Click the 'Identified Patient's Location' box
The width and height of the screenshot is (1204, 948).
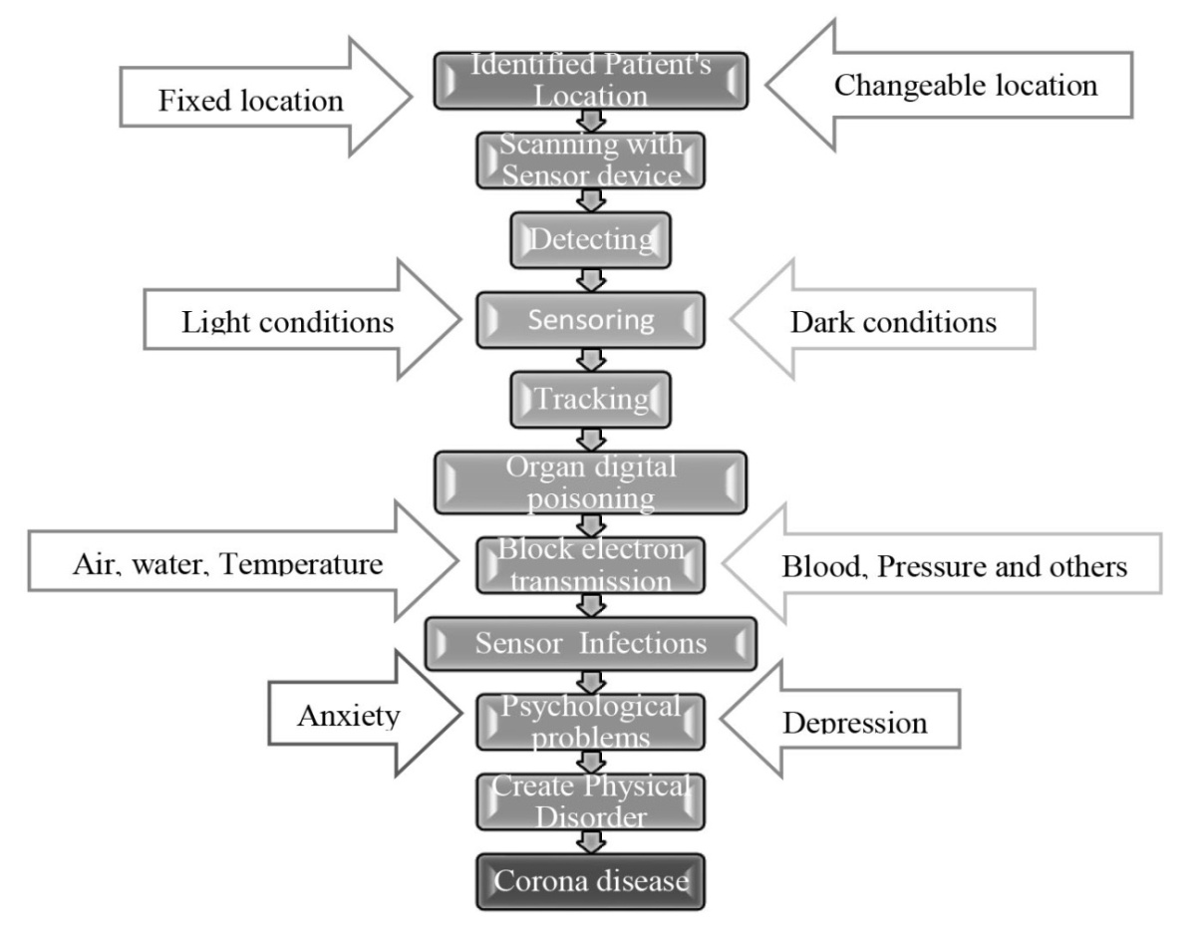(x=590, y=81)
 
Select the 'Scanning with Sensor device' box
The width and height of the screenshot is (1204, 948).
(x=591, y=158)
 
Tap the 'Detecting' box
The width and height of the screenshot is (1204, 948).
(x=591, y=240)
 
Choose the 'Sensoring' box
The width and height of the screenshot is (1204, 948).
(x=591, y=320)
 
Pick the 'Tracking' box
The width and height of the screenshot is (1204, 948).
(x=592, y=400)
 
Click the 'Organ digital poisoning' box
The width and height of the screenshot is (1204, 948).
(x=591, y=481)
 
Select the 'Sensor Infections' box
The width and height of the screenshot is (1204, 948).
(x=591, y=643)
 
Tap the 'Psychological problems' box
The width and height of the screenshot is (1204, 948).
(x=591, y=722)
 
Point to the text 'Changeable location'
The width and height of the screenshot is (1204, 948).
(x=966, y=85)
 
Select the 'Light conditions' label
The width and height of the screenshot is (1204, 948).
(x=288, y=323)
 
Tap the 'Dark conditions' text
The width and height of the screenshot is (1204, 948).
(x=893, y=323)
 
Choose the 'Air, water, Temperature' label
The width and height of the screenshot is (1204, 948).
(x=227, y=565)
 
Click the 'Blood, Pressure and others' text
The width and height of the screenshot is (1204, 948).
(x=955, y=566)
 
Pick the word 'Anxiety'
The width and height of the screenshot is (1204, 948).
(x=350, y=715)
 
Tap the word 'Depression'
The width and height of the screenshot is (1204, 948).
(x=855, y=723)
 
